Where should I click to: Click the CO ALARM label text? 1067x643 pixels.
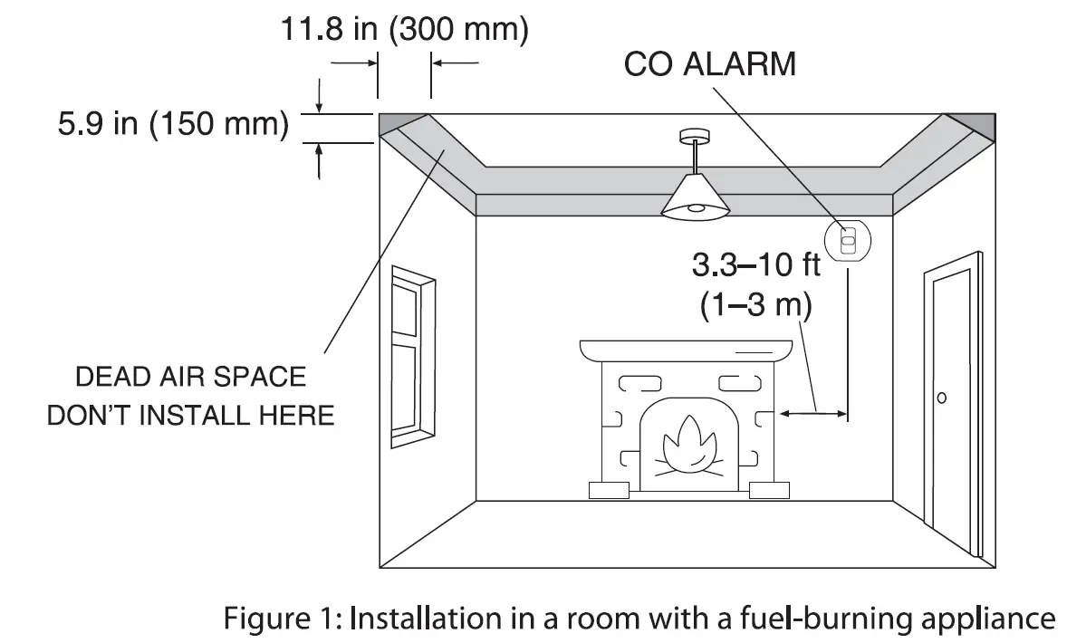point(709,64)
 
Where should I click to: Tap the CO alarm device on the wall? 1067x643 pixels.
point(848,240)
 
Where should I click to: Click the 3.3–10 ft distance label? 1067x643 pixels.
point(756,265)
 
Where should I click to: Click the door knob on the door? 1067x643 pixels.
point(942,398)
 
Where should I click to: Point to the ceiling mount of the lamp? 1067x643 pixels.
point(694,137)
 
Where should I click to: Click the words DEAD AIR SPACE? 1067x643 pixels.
point(190,377)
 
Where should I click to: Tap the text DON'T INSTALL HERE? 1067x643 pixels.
point(190,416)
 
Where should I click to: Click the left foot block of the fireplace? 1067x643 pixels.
point(609,491)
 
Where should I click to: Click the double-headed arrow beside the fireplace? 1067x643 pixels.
point(813,414)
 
